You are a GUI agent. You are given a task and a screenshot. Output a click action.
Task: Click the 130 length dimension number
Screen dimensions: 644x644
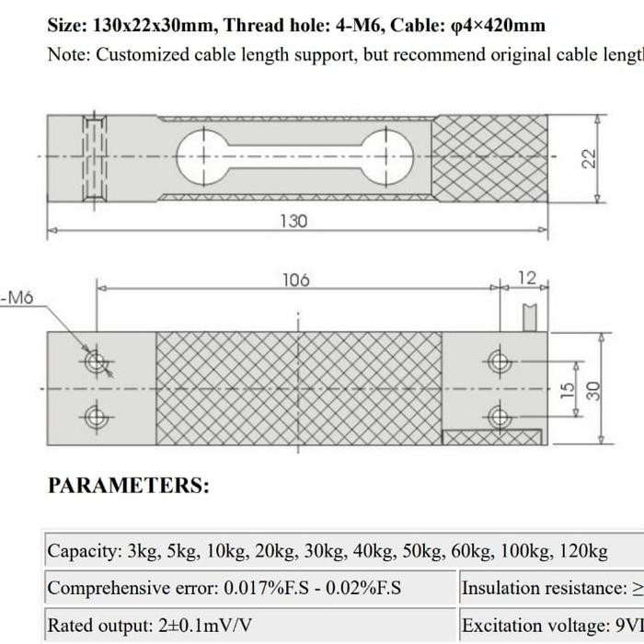point(293,222)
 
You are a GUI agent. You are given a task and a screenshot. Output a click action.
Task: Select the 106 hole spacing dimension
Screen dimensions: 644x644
point(295,280)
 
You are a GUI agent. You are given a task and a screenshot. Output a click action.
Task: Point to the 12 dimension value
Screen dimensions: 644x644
point(526,278)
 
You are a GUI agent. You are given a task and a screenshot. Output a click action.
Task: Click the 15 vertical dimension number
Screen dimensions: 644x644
point(569,390)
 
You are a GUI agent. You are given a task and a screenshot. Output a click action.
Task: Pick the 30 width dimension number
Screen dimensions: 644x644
point(594,390)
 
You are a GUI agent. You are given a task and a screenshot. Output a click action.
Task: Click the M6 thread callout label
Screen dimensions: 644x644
point(17,297)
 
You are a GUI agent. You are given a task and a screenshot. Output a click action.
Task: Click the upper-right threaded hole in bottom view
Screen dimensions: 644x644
point(500,361)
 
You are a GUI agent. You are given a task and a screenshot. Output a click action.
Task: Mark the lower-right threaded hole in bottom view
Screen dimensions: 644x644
point(500,418)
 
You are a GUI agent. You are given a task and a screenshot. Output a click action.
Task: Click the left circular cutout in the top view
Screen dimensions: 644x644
point(201,157)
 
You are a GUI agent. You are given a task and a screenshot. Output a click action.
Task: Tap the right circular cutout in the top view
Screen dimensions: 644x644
point(385,157)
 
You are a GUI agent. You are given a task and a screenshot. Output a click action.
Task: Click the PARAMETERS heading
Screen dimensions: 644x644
point(128,486)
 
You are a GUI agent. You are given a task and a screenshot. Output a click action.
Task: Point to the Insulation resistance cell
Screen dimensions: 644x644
point(550,588)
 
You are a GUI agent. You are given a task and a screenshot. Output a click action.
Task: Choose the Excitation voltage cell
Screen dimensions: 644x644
point(550,626)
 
